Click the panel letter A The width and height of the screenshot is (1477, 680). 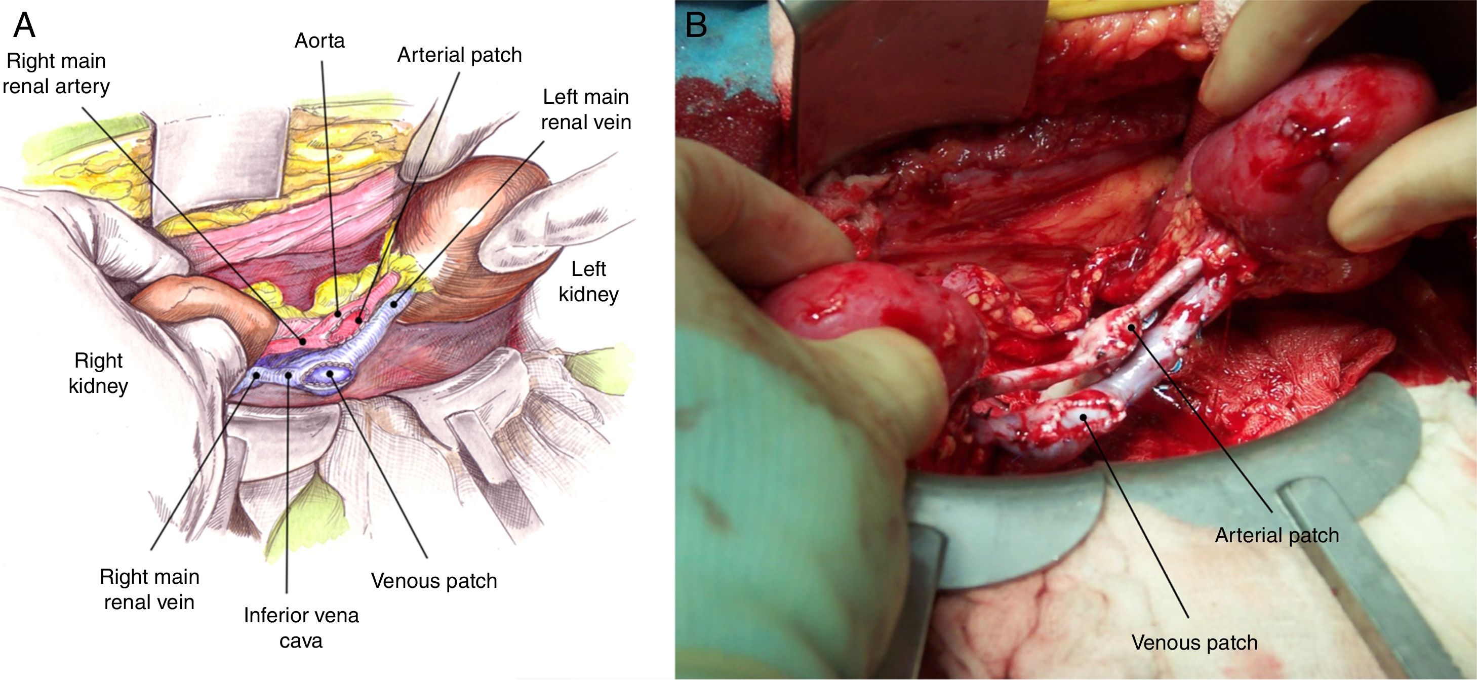point(24,26)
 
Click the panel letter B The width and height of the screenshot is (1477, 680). point(696,26)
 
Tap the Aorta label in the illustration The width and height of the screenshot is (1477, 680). point(320,41)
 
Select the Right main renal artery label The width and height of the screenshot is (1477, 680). point(56,73)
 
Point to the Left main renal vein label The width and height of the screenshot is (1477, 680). point(585,109)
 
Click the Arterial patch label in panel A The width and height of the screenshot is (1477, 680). point(459,55)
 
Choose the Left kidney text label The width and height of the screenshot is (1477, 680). point(588,282)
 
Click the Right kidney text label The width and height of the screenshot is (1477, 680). point(98,373)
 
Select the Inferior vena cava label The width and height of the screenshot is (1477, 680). point(301,627)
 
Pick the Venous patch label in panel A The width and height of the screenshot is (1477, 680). point(433,581)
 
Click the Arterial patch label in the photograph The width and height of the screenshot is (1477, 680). point(1277,535)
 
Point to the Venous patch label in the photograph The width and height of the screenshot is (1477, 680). point(1194,642)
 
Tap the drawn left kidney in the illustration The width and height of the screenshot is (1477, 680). point(464,229)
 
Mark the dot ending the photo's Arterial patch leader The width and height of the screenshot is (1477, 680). point(1131,328)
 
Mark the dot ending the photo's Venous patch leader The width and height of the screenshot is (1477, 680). point(1083,417)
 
